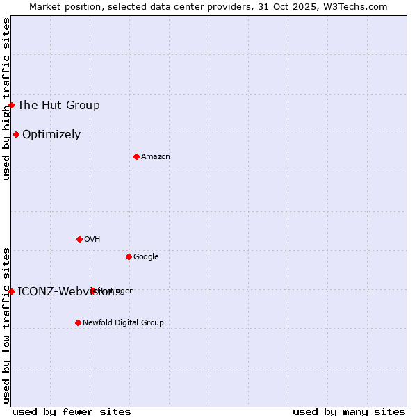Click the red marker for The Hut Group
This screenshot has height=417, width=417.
pos(12,105)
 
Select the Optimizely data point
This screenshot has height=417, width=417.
pos(16,134)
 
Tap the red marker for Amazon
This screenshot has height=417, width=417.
pos(136,156)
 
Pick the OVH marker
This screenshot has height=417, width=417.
pos(79,239)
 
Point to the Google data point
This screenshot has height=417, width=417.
pos(129,256)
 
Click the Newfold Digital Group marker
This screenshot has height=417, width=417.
pos(78,322)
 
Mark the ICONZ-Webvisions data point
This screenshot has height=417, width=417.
pos(12,291)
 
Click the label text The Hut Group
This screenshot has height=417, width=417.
pos(58,105)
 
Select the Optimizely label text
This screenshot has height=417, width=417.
pos(51,134)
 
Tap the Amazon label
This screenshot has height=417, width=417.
pos(156,156)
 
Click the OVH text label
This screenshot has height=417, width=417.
pos(92,239)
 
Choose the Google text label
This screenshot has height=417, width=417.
pos(146,256)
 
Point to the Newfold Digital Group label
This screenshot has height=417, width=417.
pos(123,322)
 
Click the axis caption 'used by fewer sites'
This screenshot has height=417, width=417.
pos(72,411)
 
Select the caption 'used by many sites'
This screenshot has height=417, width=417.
pos(349,411)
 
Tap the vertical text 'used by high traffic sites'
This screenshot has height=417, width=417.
pos(6,99)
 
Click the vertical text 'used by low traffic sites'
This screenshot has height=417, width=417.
pos(6,325)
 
